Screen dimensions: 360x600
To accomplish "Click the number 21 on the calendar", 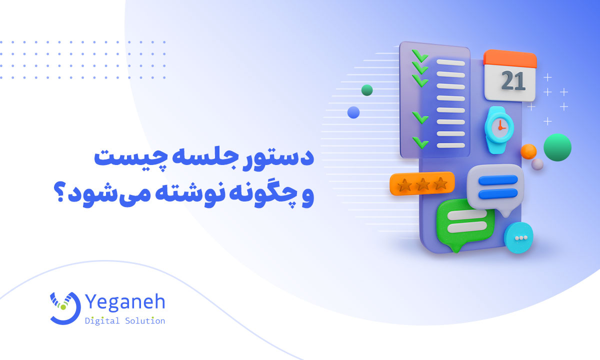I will click(510, 81).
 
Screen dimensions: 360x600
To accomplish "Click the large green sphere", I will click(557, 147).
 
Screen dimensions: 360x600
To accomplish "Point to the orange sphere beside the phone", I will click(528, 151).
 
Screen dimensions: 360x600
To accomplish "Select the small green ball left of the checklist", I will click(367, 90).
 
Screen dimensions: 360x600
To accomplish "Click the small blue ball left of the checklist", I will click(353, 112).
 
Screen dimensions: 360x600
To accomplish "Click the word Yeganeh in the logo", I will click(125, 303).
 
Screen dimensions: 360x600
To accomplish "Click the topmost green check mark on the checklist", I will click(419, 55).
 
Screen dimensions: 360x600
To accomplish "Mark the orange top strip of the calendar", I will click(510, 59).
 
